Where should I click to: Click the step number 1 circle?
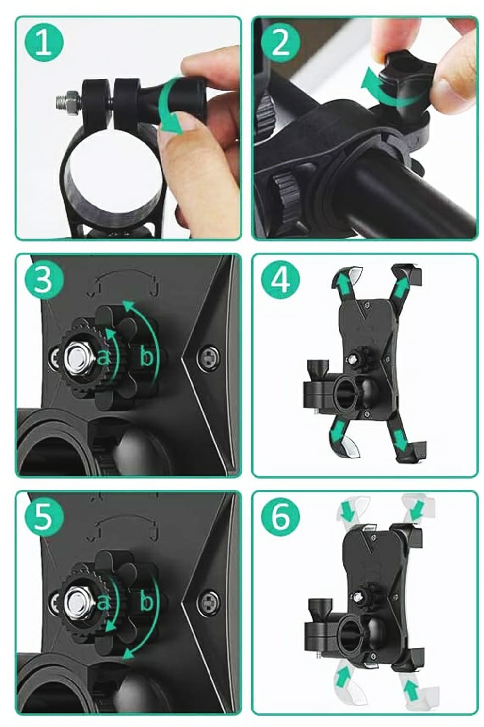(x=45, y=45)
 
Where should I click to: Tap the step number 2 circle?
(x=281, y=45)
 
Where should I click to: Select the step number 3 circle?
(x=45, y=279)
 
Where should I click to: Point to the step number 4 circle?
(x=281, y=279)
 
